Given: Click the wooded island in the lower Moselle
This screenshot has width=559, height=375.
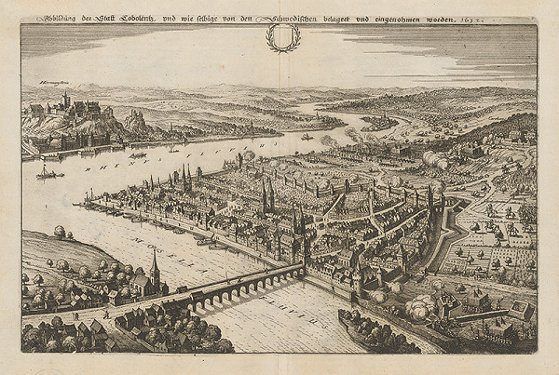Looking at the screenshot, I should click(373, 329).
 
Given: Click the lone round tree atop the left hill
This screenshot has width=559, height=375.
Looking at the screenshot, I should click(60, 231).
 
